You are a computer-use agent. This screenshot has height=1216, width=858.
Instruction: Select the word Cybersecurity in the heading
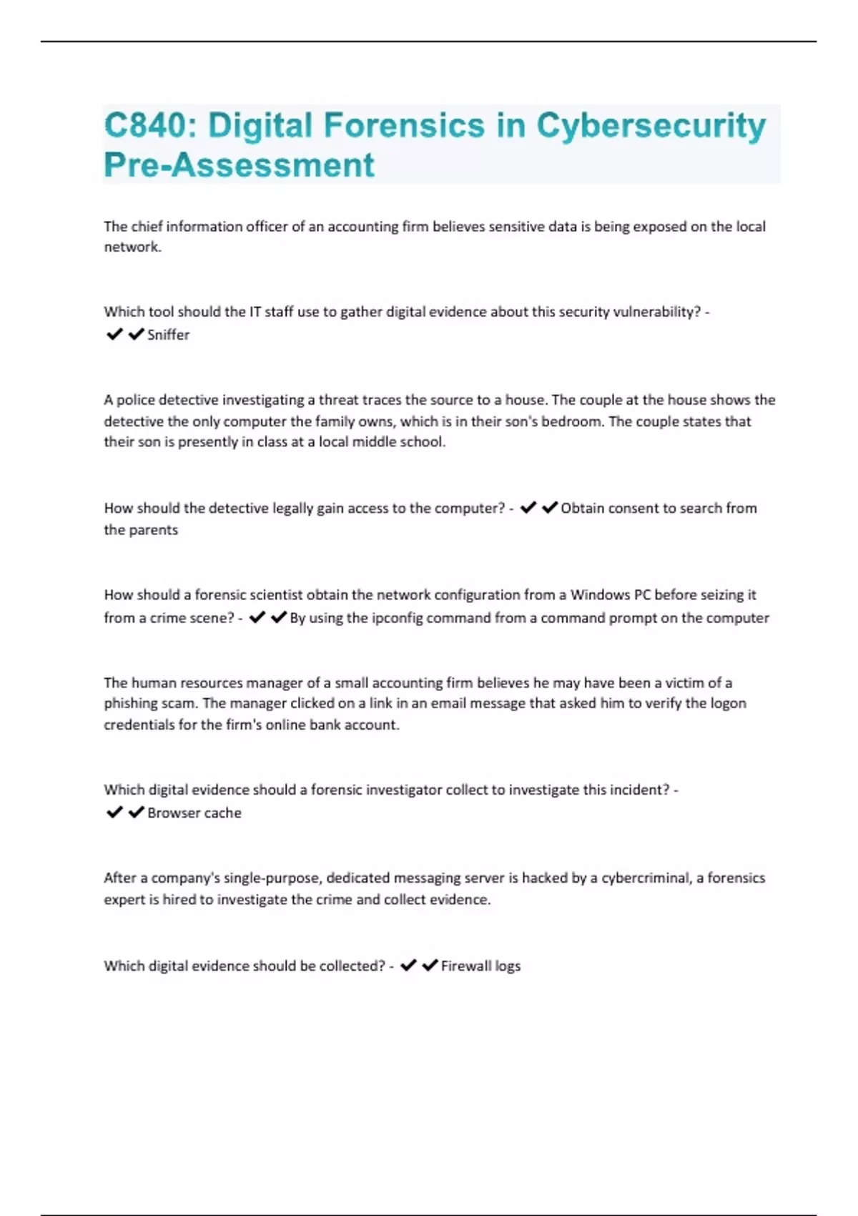click(x=651, y=126)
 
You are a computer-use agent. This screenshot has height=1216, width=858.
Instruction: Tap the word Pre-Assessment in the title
click(x=239, y=165)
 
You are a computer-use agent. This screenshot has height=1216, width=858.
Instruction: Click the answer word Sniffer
click(x=168, y=335)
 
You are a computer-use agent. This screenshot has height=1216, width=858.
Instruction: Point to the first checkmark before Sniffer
click(x=114, y=334)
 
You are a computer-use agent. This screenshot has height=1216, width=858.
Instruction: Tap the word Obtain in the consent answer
click(x=582, y=509)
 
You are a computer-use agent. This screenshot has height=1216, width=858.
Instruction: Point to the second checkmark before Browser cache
click(x=136, y=813)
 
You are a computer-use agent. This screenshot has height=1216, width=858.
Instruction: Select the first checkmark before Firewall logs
click(x=408, y=966)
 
